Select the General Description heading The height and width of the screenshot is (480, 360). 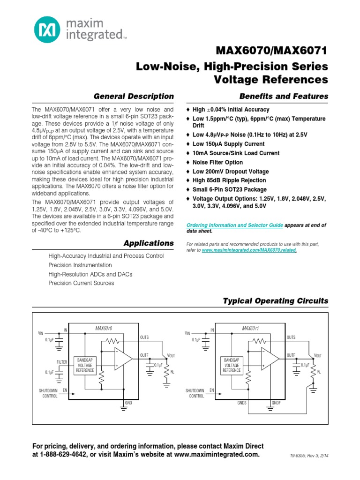point(134,96)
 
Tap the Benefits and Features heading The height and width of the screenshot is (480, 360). point(284,96)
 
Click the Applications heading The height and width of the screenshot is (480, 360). point(148,243)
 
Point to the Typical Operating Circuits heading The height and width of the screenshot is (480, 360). point(275,301)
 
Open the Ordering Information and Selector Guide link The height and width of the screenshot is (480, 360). point(235,225)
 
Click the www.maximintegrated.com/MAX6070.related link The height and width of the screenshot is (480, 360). point(249,251)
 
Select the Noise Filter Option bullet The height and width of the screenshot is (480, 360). point(217,162)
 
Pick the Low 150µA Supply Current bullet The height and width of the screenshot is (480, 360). point(228,144)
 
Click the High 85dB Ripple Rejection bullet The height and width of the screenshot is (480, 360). point(229,180)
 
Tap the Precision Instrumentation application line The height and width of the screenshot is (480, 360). point(80,265)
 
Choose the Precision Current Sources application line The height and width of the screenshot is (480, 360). point(81,283)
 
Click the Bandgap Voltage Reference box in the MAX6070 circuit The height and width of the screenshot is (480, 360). point(85,366)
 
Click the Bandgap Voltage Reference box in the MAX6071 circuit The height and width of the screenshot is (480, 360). point(232,366)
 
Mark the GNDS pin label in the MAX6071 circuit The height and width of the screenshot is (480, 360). point(242,403)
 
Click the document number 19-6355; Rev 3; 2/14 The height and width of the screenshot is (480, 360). point(309,455)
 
